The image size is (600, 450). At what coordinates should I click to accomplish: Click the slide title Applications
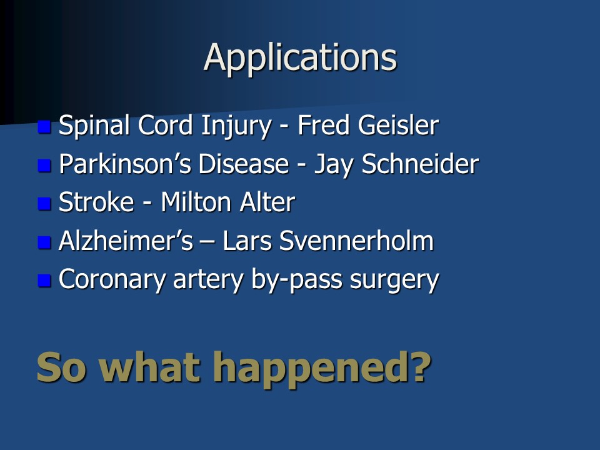pyautogui.click(x=301, y=58)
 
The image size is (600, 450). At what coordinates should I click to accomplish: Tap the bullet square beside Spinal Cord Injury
pyautogui.click(x=44, y=127)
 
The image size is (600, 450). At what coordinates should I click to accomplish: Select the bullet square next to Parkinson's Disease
pyautogui.click(x=44, y=165)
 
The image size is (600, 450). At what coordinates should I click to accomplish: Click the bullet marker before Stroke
pyautogui.click(x=44, y=204)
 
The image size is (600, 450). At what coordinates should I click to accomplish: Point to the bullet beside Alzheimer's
pyautogui.click(x=44, y=242)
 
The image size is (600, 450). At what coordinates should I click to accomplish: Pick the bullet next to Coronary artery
pyautogui.click(x=44, y=281)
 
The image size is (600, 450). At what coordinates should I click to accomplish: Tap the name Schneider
pyautogui.click(x=420, y=164)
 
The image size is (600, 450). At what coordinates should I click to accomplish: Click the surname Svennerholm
pyautogui.click(x=356, y=241)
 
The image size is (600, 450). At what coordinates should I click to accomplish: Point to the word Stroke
pyautogui.click(x=96, y=202)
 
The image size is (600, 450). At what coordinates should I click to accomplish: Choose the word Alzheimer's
pyautogui.click(x=126, y=241)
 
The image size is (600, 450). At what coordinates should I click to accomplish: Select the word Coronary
pyautogui.click(x=112, y=280)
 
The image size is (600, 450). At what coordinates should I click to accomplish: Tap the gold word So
pyautogui.click(x=61, y=367)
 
